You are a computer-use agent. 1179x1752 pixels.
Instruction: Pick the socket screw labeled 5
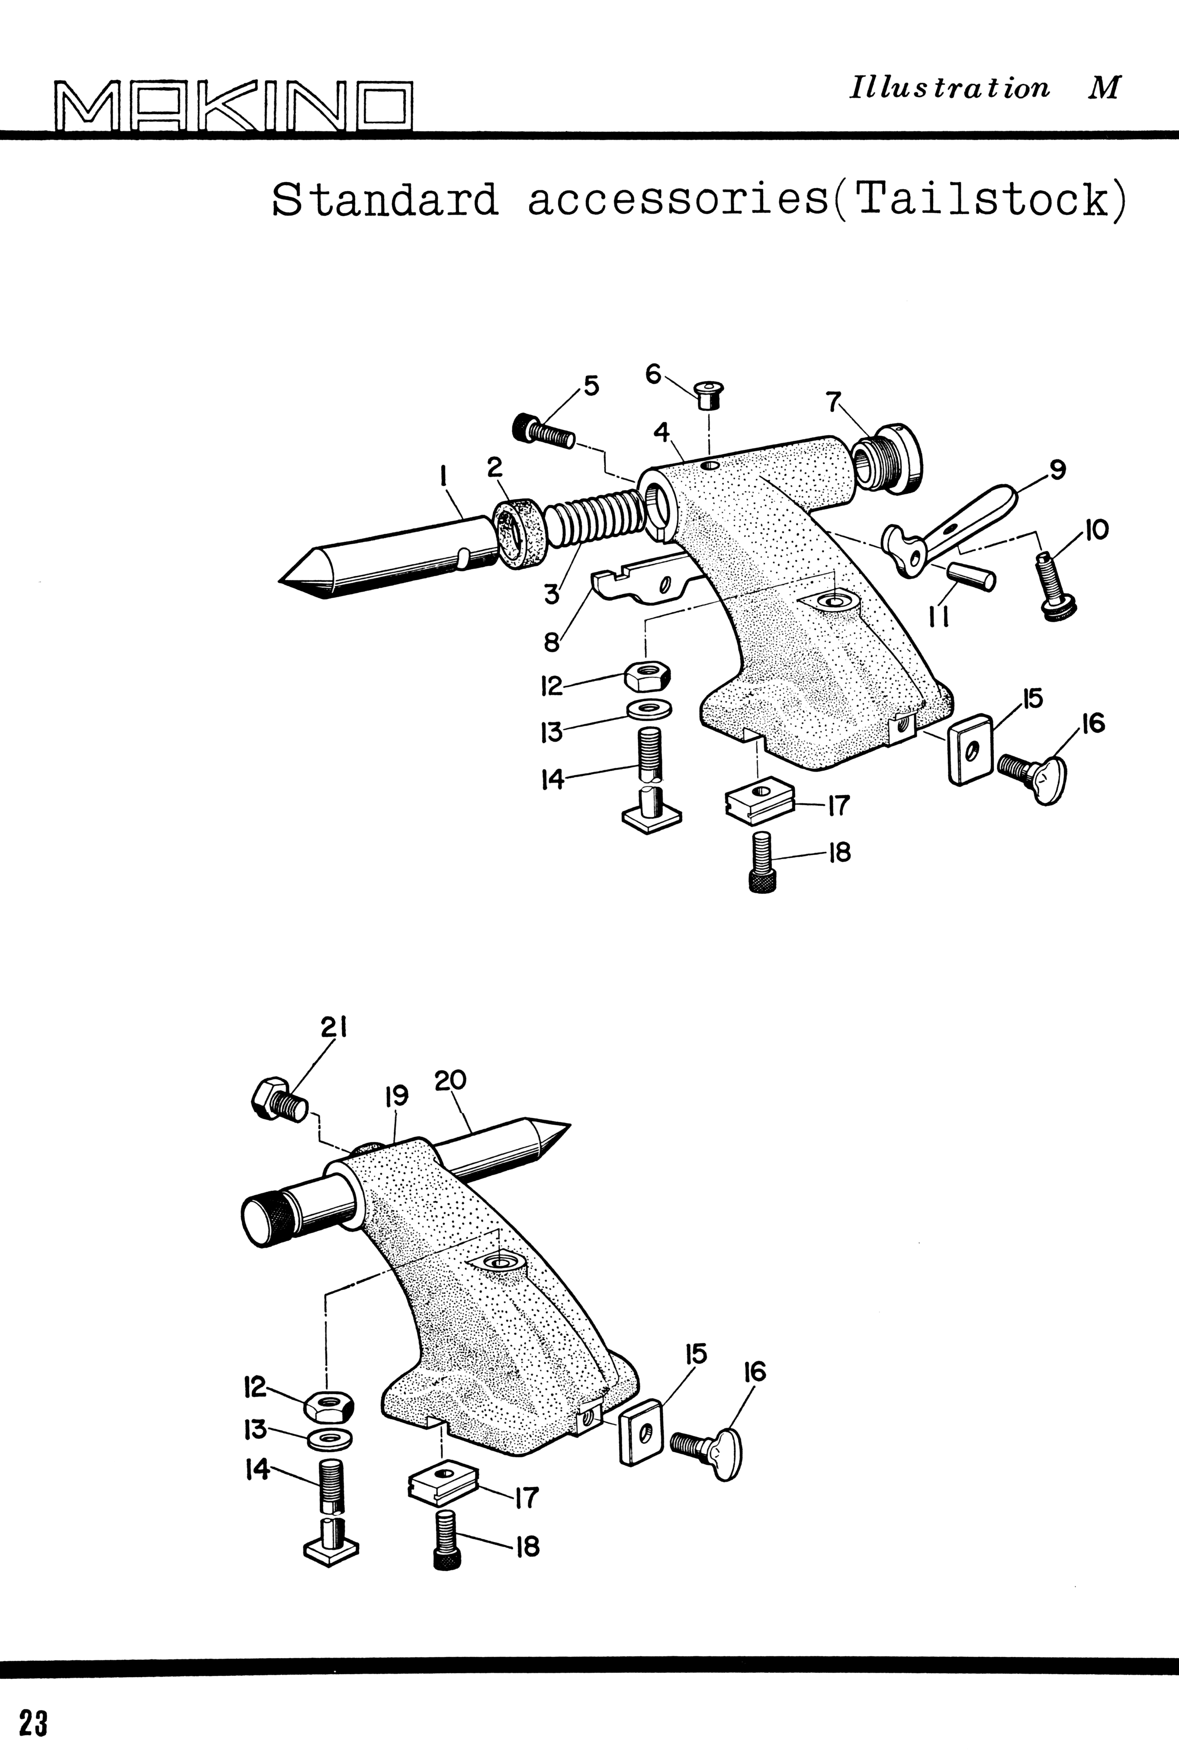click(543, 431)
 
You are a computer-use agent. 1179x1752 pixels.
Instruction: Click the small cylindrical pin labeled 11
click(971, 577)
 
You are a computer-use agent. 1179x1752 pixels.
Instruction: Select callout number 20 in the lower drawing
click(449, 1080)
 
